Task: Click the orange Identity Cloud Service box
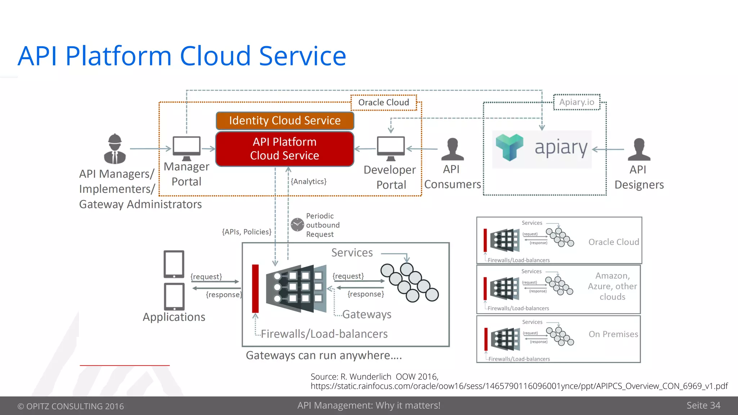[x=285, y=121]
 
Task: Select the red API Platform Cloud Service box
[x=285, y=149]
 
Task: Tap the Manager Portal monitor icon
[x=186, y=147]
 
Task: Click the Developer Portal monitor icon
[x=391, y=147]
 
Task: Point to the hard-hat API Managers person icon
[x=115, y=149]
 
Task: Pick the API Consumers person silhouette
[x=452, y=150]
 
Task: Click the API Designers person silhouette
[x=639, y=150]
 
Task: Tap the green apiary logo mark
[x=509, y=147]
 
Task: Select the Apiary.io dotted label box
[x=577, y=102]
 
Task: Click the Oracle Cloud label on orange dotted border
[x=383, y=103]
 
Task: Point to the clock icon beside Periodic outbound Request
[x=297, y=225]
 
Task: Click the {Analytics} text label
[x=309, y=182]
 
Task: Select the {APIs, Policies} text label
[x=247, y=232]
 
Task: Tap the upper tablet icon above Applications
[x=174, y=264]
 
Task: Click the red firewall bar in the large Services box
[x=255, y=289]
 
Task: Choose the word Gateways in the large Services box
[x=366, y=314]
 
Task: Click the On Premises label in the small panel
[x=613, y=334]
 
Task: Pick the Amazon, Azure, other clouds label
[x=612, y=286]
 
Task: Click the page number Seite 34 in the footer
[x=703, y=406]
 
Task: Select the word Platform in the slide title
[x=118, y=57]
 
